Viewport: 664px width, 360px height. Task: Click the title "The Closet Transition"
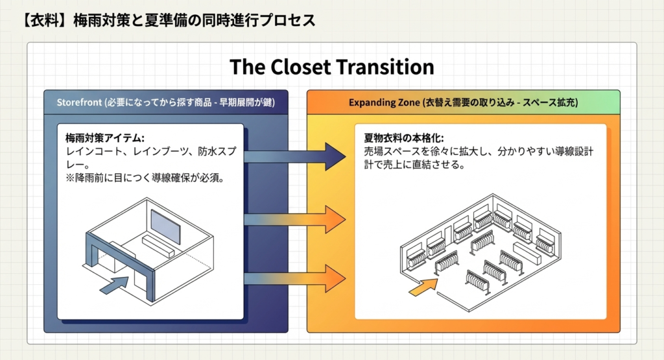coord(331,67)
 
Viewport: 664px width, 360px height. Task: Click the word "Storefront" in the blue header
coord(78,102)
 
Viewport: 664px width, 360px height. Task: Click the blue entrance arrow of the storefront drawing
coord(117,283)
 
